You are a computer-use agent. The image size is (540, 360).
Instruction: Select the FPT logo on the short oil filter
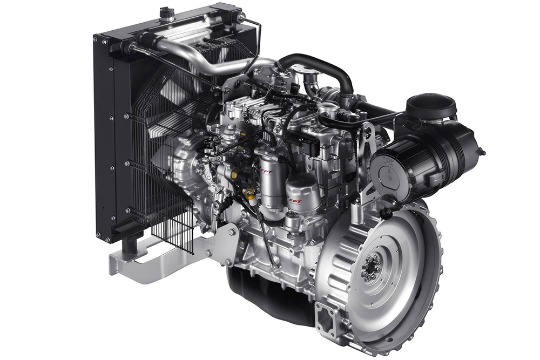point(295,201)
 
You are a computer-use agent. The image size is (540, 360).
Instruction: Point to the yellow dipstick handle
point(249,191)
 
